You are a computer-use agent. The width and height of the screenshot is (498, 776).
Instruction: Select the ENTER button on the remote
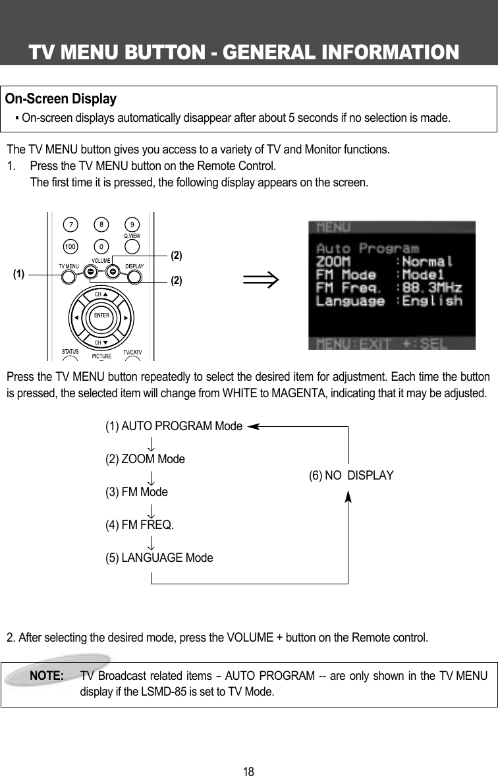101,316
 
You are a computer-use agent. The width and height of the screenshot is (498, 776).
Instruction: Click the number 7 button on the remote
69,225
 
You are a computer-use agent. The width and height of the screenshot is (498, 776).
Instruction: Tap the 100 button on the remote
69,246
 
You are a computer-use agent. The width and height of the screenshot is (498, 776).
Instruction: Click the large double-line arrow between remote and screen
261,281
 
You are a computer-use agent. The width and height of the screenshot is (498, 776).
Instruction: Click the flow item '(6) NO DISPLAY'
351,476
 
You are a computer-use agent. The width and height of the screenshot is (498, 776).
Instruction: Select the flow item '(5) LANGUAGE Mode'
159,558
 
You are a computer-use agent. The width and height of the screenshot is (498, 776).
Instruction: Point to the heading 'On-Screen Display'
61,99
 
